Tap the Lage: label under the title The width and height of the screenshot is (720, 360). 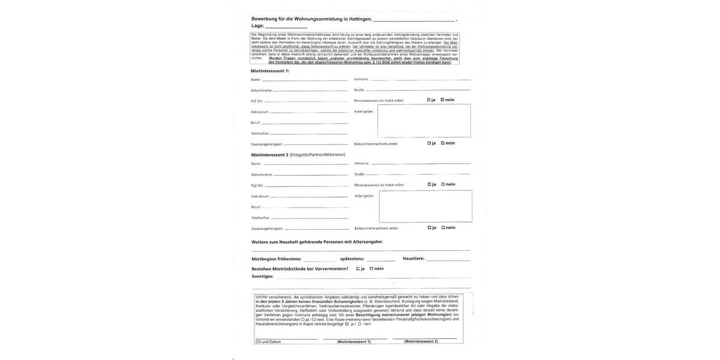coord(257,26)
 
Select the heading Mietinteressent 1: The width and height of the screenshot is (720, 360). coord(270,71)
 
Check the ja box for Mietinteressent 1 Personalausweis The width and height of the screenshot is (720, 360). coord(429,100)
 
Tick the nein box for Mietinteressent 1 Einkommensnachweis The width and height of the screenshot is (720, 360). coord(443,143)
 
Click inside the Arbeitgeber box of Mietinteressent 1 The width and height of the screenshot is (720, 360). coord(424,121)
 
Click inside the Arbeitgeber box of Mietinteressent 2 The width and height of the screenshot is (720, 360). coord(425,206)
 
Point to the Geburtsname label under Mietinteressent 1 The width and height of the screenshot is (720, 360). coord(262,91)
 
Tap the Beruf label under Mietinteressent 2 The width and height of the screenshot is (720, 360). coord(256,207)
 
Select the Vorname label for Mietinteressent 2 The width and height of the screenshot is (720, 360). coord(362,163)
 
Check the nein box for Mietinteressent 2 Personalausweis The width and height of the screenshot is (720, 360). coord(443,184)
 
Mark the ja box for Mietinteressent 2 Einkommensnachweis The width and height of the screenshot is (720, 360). coord(430,227)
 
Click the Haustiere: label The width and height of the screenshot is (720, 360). coord(413,259)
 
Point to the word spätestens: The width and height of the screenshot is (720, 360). coord(352,259)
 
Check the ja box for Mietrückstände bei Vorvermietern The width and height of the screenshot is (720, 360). coord(358,269)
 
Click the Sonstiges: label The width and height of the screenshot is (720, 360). coord(262,277)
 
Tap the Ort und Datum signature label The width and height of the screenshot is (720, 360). coord(268,341)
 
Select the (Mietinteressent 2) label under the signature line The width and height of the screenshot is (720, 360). coord(421,341)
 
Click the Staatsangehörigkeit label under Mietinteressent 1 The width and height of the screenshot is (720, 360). coord(267,145)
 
